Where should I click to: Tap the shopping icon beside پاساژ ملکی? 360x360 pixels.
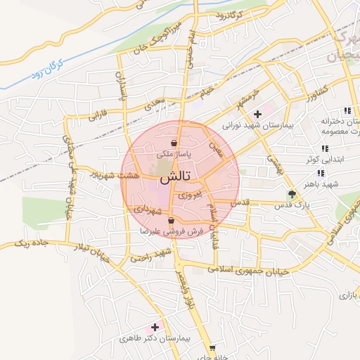(173, 143)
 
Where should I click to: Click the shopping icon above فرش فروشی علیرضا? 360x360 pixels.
(172, 220)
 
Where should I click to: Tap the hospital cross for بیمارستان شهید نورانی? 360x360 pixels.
(257, 113)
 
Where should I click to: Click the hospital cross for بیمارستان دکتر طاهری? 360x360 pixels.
(155, 327)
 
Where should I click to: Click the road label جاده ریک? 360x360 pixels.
(33, 243)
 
